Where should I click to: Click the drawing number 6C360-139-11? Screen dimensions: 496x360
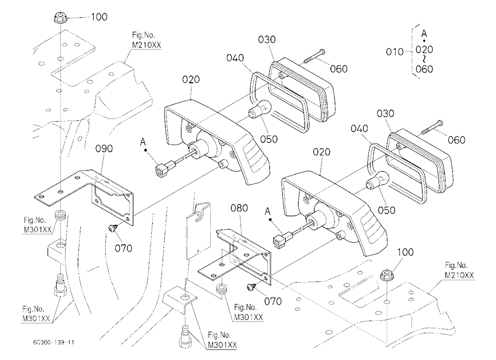(x=54, y=342)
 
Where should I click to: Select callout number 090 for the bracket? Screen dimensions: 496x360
(x=104, y=148)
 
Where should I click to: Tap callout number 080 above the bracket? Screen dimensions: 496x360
(x=239, y=208)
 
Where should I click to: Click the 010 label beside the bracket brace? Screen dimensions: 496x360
(x=394, y=52)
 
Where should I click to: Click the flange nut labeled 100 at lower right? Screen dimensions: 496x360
(x=386, y=275)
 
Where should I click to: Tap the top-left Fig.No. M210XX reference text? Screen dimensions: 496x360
(x=146, y=40)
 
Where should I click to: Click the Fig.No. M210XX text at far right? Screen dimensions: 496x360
(x=459, y=270)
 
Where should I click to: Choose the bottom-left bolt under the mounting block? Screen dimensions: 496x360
(x=60, y=285)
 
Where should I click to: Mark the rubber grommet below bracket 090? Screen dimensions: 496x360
(x=60, y=216)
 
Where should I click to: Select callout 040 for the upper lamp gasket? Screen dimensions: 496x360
(x=235, y=58)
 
